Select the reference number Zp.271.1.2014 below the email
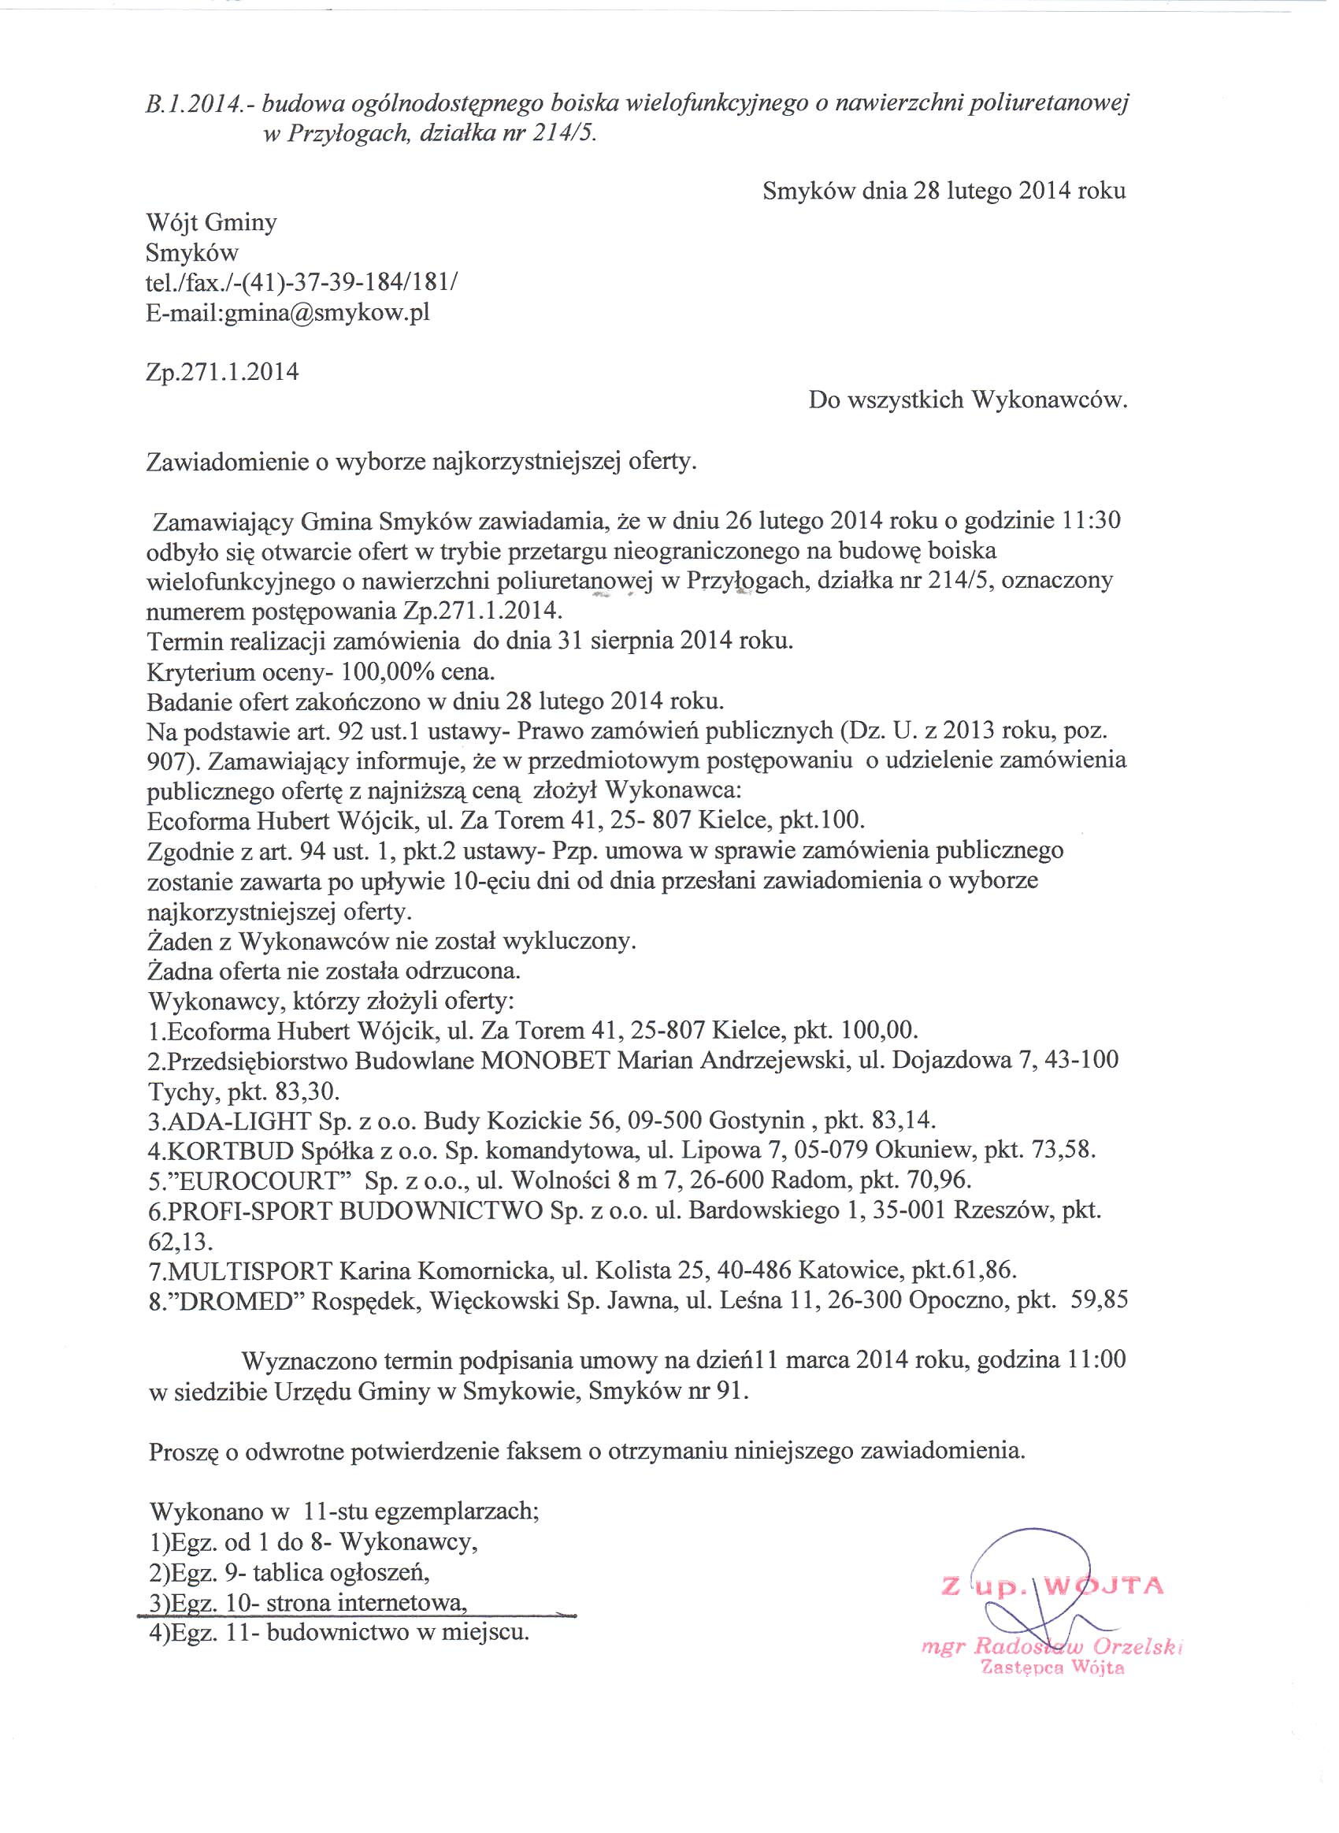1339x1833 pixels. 222,372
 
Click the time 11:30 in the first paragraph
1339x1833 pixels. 1090,519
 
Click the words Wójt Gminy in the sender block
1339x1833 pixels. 212,222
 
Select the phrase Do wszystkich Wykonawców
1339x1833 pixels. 968,400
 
